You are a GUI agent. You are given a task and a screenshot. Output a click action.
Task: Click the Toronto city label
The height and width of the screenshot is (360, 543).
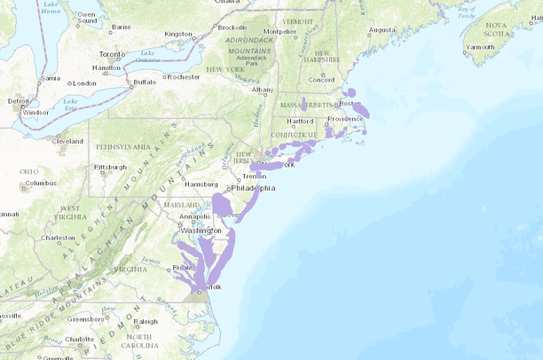[x=112, y=53]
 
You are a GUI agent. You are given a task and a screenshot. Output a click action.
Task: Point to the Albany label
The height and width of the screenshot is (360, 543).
[x=263, y=90]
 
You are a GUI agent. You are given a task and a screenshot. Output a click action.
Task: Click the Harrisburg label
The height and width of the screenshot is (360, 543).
[x=201, y=184]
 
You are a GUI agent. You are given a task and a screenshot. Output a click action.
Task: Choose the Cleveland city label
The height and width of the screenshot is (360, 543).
[x=67, y=140]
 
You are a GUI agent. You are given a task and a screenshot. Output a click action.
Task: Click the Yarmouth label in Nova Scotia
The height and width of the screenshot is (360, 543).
[x=480, y=47]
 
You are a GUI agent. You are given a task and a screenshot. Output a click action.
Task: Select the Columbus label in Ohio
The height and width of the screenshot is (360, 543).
[x=41, y=184]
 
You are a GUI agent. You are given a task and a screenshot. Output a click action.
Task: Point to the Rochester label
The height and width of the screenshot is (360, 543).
[x=184, y=77]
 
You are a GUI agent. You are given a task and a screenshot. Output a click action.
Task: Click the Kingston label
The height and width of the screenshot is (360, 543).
[x=178, y=35]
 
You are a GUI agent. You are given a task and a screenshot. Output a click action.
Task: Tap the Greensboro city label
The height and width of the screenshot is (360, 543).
[x=85, y=319]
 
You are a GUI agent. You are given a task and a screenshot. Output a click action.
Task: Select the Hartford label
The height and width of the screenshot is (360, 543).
[x=301, y=121]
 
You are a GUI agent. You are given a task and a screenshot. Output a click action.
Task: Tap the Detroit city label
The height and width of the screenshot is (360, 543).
[x=18, y=101]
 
